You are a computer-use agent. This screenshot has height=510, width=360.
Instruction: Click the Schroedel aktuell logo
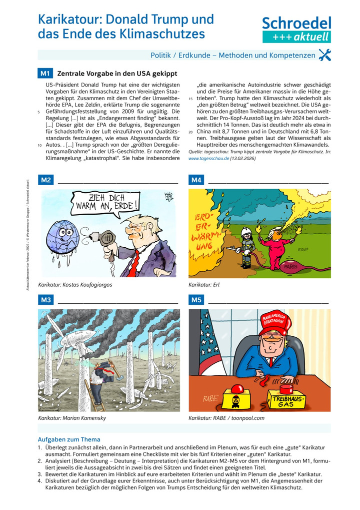pos(296,29)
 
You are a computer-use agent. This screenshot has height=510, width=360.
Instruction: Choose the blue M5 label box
pos(195,300)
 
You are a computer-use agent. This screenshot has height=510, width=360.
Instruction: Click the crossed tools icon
pos(324,56)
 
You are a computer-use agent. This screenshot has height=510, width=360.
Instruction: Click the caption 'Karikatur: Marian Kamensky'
pos(72,417)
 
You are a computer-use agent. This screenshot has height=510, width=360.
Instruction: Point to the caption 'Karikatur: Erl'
pos(204,285)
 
